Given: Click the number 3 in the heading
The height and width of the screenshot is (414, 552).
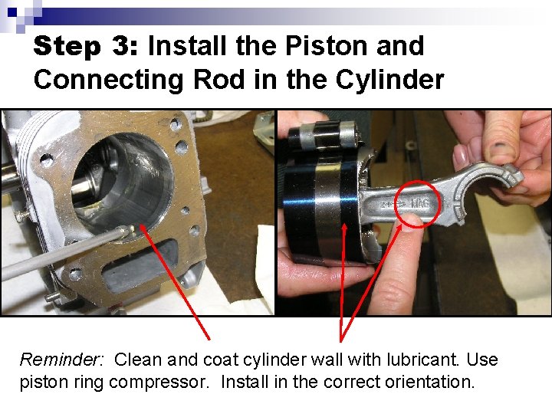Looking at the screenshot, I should click(123, 46).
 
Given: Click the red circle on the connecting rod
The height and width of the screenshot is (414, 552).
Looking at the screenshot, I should click(418, 204).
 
